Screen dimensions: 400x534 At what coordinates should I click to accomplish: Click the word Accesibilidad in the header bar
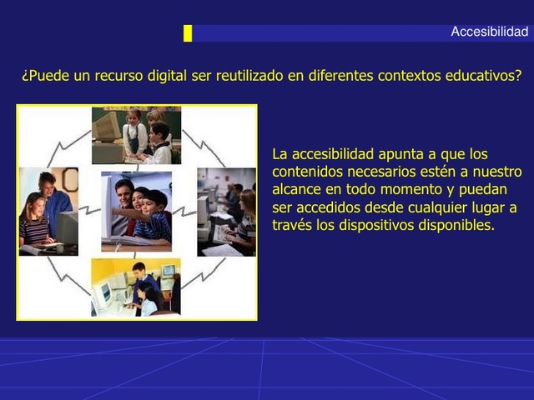[x=489, y=32]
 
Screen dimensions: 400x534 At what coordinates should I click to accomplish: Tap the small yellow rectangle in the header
[x=188, y=33]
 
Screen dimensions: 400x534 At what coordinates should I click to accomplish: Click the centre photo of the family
[x=136, y=211]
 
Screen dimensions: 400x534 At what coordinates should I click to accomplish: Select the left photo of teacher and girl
[x=48, y=212]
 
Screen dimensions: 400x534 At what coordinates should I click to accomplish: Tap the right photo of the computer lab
[x=226, y=212]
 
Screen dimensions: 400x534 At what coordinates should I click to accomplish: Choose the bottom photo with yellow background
[x=136, y=287]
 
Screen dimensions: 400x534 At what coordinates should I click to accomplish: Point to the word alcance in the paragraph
[x=296, y=189]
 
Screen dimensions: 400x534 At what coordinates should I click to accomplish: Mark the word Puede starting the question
[x=48, y=76]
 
